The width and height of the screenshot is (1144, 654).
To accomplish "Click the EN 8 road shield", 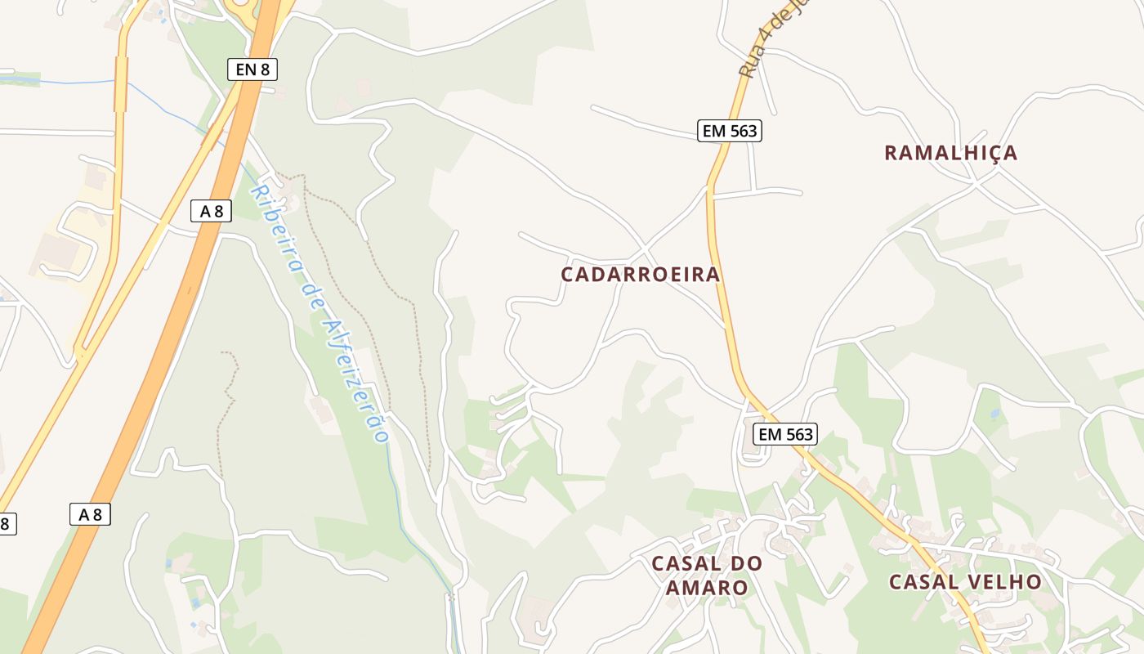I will pyautogui.click(x=252, y=69).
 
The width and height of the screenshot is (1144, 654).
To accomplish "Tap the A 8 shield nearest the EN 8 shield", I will pyautogui.click(x=211, y=211).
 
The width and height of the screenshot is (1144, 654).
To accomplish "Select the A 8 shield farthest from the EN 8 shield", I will pyautogui.click(x=90, y=514).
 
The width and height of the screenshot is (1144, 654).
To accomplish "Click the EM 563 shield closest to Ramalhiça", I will pyautogui.click(x=730, y=130).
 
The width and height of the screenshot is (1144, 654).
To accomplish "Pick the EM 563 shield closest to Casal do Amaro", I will pyautogui.click(x=786, y=434).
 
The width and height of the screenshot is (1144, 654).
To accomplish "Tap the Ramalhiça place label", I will pyautogui.click(x=951, y=153).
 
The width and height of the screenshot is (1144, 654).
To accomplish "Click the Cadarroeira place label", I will pyautogui.click(x=641, y=275).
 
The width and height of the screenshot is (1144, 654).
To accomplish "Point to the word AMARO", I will pyautogui.click(x=707, y=588).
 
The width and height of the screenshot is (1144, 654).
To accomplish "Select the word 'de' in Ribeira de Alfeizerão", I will pyautogui.click(x=310, y=294).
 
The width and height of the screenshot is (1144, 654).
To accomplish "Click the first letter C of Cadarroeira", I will pyautogui.click(x=568, y=275).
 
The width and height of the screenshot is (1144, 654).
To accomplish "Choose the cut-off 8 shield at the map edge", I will pyautogui.click(x=7, y=523).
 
